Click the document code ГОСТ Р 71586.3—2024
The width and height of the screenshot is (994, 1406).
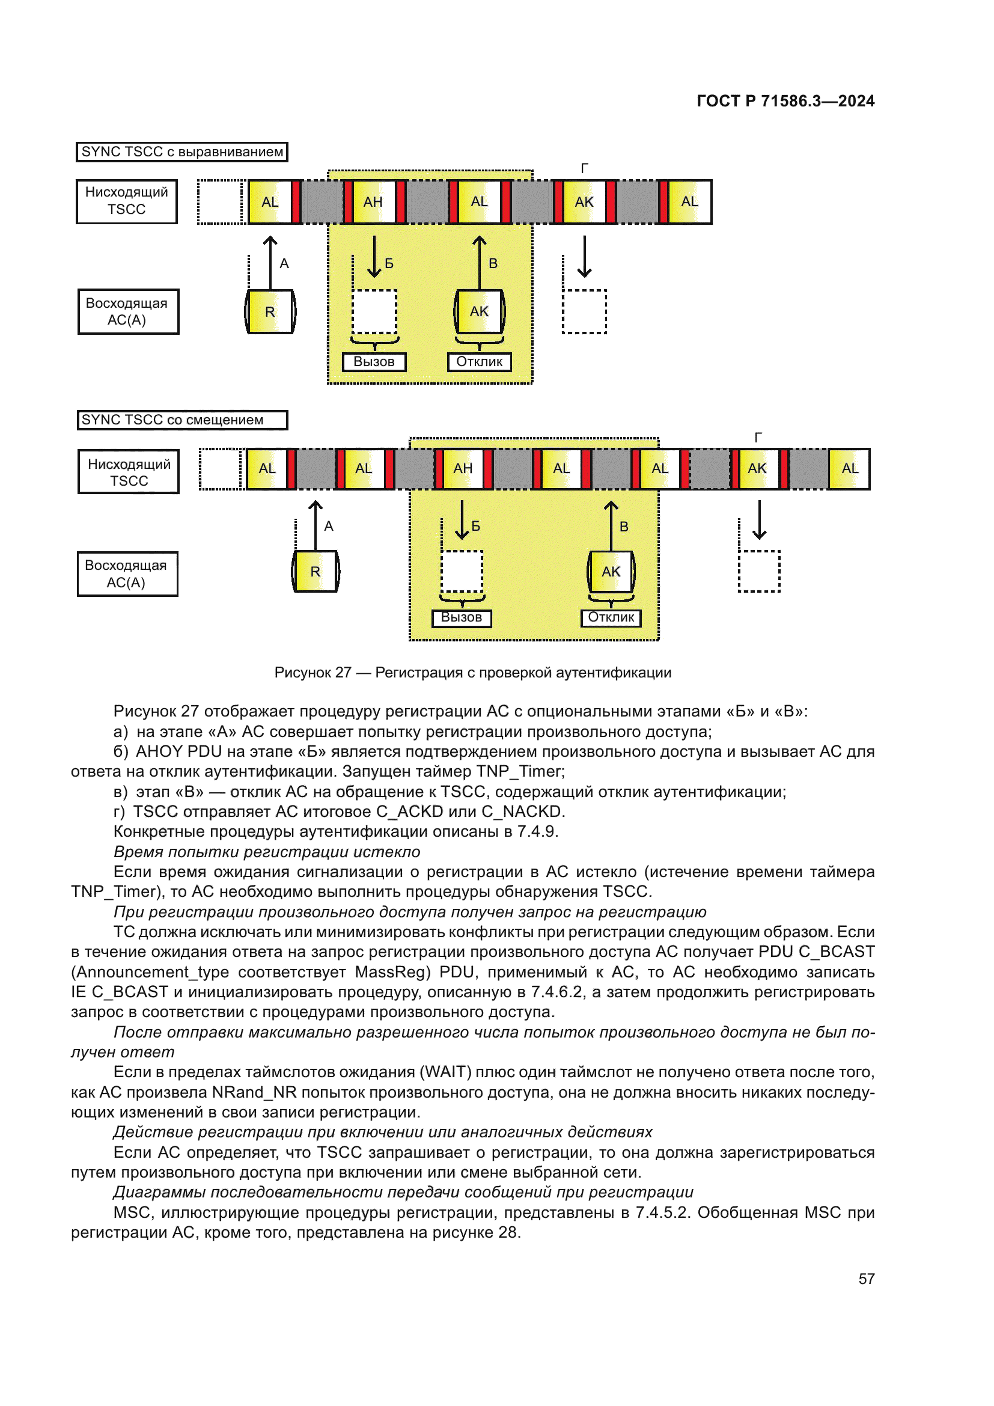tap(785, 101)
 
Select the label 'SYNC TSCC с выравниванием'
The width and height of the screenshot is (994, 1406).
tap(181, 152)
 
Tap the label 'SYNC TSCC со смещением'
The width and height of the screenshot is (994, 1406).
tap(181, 420)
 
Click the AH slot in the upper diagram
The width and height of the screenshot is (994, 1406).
tap(373, 202)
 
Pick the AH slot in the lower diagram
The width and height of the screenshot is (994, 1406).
tap(463, 468)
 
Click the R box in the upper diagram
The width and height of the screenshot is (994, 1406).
tap(270, 312)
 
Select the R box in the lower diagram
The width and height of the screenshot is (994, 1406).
tap(316, 571)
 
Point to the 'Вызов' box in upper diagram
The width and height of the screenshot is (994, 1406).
tap(374, 362)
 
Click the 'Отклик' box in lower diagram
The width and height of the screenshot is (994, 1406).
tap(611, 617)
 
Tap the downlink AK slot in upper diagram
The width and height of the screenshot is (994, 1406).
tap(584, 202)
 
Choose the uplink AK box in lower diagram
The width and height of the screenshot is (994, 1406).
tap(611, 571)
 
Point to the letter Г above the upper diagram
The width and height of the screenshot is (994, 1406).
tap(585, 168)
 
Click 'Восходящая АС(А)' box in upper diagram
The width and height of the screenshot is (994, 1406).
tap(128, 312)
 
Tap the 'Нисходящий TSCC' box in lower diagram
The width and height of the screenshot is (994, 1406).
tap(129, 472)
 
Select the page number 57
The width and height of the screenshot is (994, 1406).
tap(866, 1279)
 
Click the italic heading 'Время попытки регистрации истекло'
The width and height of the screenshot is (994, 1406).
tap(267, 852)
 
